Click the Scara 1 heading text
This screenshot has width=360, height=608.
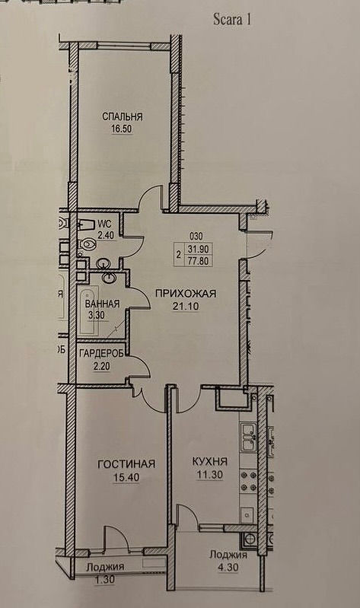232,19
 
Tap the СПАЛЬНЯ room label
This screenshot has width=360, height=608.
123,116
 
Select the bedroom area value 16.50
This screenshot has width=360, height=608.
122,129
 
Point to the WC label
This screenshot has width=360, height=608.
105,224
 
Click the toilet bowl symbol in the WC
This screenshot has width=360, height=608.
88,244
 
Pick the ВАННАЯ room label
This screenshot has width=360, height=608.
102,304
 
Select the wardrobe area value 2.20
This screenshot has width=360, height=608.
101,366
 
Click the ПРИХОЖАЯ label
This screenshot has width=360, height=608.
186,294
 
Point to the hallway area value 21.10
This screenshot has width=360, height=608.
186,307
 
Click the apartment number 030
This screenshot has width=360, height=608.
196,236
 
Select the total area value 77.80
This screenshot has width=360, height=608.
198,260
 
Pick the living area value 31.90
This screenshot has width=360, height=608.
198,250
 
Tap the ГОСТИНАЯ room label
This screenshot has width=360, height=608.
126,464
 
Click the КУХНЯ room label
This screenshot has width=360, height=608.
210,461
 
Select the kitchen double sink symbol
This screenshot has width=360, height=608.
249,438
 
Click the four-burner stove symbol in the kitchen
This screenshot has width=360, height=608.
249,481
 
